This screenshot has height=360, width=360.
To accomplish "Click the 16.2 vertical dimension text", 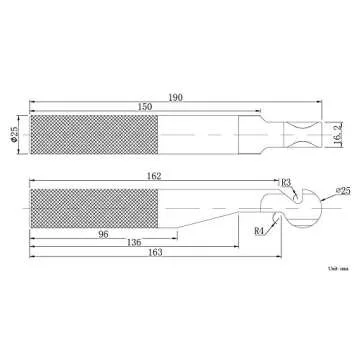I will point(341,133).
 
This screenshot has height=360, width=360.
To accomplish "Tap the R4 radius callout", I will point(259,230).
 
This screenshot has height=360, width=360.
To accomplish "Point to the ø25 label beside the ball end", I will point(342,190).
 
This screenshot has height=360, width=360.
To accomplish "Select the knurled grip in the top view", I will point(94,135).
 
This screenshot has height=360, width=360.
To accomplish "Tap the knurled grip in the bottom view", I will point(94,206).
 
